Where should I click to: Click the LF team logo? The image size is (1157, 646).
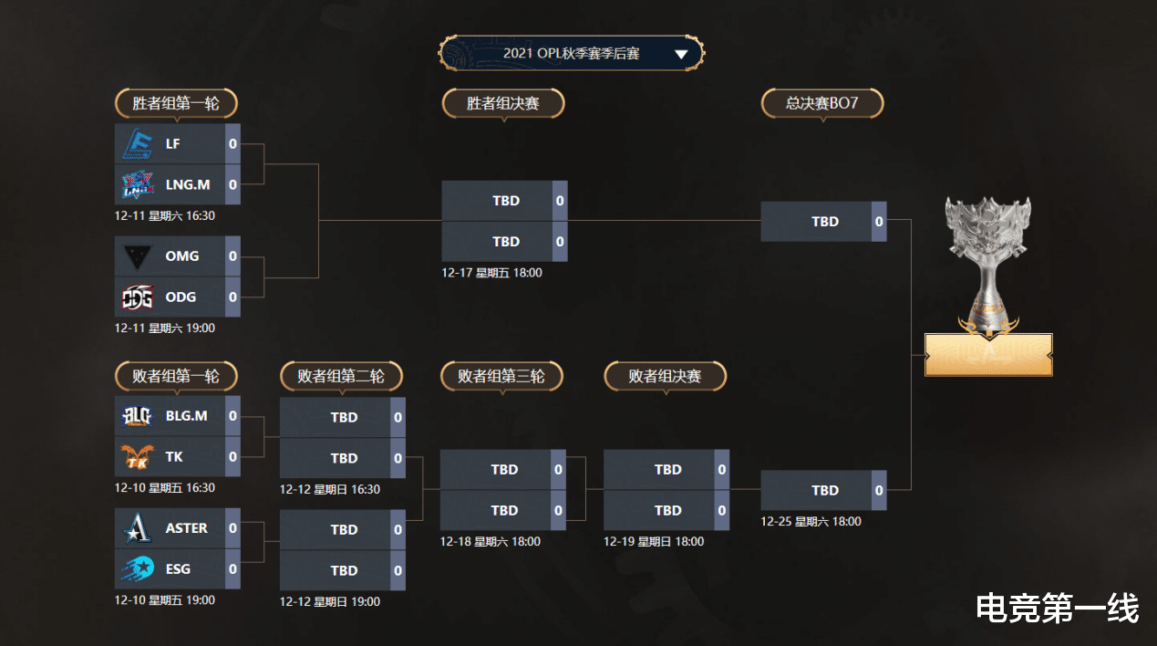point(138,143)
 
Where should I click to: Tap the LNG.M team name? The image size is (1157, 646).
point(188,184)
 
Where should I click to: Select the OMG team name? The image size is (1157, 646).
point(181,255)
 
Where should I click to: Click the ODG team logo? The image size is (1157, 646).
point(138,297)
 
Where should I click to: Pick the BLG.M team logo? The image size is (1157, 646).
point(138,416)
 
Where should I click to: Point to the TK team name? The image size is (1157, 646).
point(174,457)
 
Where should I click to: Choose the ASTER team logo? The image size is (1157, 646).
point(138,528)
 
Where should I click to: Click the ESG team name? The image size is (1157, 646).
point(178,569)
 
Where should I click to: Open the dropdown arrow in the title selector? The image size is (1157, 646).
point(681,54)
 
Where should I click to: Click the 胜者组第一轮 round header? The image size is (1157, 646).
point(176,103)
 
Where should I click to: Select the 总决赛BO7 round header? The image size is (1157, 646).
point(822,103)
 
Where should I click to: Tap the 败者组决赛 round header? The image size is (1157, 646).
point(666,376)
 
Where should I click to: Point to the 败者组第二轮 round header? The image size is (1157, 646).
point(341,376)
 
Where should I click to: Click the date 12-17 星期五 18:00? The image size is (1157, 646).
point(491,273)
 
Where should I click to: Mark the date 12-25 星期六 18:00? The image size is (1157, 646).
point(811,521)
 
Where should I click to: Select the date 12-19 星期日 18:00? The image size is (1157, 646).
point(654,542)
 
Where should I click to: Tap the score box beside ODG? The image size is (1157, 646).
point(232,297)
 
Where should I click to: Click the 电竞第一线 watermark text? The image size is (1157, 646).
point(1057,609)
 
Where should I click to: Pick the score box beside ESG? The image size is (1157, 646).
point(232,569)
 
